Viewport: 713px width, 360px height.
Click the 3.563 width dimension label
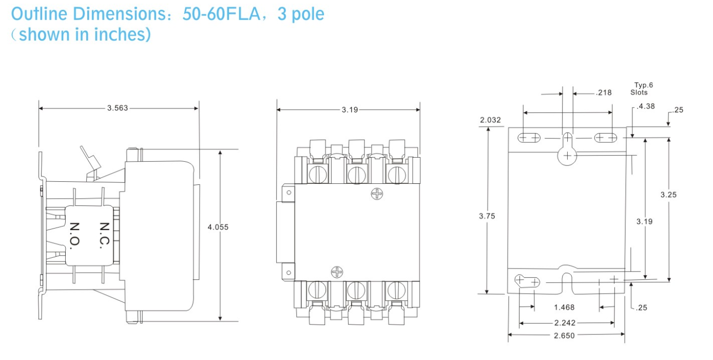coord(118,108)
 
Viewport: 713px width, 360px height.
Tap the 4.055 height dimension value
coord(218,227)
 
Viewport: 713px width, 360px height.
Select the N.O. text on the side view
coord(74,236)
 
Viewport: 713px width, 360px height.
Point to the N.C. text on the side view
coord(104,235)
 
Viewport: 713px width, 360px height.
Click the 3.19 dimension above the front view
coord(350,110)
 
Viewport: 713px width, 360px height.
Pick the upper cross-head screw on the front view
coord(377,194)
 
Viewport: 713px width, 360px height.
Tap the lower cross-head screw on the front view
coord(337,272)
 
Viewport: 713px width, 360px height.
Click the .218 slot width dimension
coord(604,93)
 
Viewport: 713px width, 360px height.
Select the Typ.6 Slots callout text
coord(641,88)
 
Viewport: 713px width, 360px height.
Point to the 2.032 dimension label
coord(490,120)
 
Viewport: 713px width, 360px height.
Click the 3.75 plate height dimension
coord(487,216)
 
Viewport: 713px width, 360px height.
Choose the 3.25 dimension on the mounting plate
coord(668,195)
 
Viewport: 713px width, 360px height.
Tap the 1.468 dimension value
coord(564,308)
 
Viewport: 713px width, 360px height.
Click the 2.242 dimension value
coord(565,323)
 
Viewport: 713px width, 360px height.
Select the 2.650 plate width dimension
coord(564,335)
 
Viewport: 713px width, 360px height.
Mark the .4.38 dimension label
coord(646,106)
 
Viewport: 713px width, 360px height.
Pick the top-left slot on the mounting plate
coord(529,138)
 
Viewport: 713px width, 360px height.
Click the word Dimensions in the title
coord(122,14)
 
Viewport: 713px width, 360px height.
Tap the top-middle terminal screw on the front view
coord(357,175)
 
